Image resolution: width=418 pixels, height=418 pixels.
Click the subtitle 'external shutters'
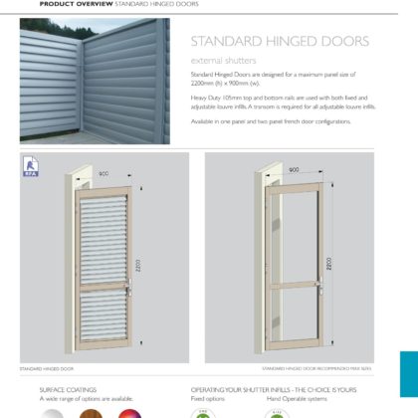[x=216, y=60]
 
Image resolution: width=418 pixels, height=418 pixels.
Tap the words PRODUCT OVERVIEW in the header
[x=76, y=4]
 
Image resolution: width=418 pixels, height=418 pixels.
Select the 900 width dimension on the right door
[x=293, y=170]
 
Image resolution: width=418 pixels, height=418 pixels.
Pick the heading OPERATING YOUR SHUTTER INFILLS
[x=262, y=389]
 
